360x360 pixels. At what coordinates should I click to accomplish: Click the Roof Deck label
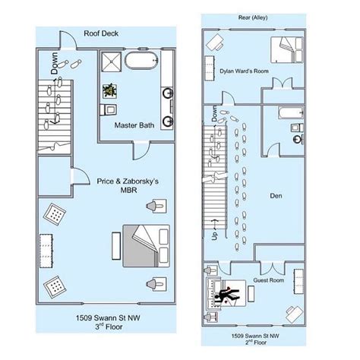tap(101, 33)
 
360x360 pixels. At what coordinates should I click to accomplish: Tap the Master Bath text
tap(134, 125)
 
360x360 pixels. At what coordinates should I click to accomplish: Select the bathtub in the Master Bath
tap(141, 61)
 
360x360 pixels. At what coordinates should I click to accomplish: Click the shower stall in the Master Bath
tap(111, 62)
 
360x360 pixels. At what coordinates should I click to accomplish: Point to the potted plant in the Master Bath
tap(109, 91)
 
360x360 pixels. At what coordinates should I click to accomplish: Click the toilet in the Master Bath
tap(108, 109)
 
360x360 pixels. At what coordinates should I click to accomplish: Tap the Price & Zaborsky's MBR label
tap(128, 185)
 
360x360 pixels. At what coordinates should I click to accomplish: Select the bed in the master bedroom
tap(147, 246)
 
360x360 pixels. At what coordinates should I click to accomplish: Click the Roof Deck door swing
tap(68, 39)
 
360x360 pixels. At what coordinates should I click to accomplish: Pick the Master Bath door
tap(141, 151)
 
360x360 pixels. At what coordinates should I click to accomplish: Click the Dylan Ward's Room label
tap(244, 71)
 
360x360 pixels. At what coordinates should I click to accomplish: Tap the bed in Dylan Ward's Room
tap(287, 50)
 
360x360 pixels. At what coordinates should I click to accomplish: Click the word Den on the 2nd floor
tap(276, 196)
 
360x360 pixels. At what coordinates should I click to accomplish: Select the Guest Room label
tap(269, 280)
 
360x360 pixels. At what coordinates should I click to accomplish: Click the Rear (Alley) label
tap(253, 17)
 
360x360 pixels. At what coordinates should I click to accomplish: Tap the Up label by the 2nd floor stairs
tap(215, 235)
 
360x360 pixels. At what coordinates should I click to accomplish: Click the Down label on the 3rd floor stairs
tap(55, 63)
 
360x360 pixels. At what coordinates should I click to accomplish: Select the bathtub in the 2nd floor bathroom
tap(291, 113)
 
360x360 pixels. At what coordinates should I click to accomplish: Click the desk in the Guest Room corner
tap(295, 314)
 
